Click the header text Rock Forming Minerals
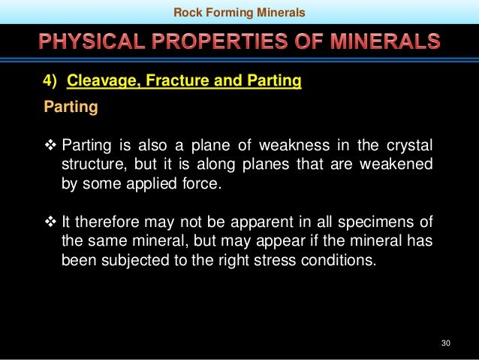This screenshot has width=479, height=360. click(239, 11)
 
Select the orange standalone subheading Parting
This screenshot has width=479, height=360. click(71, 107)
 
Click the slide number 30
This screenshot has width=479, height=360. click(445, 343)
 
